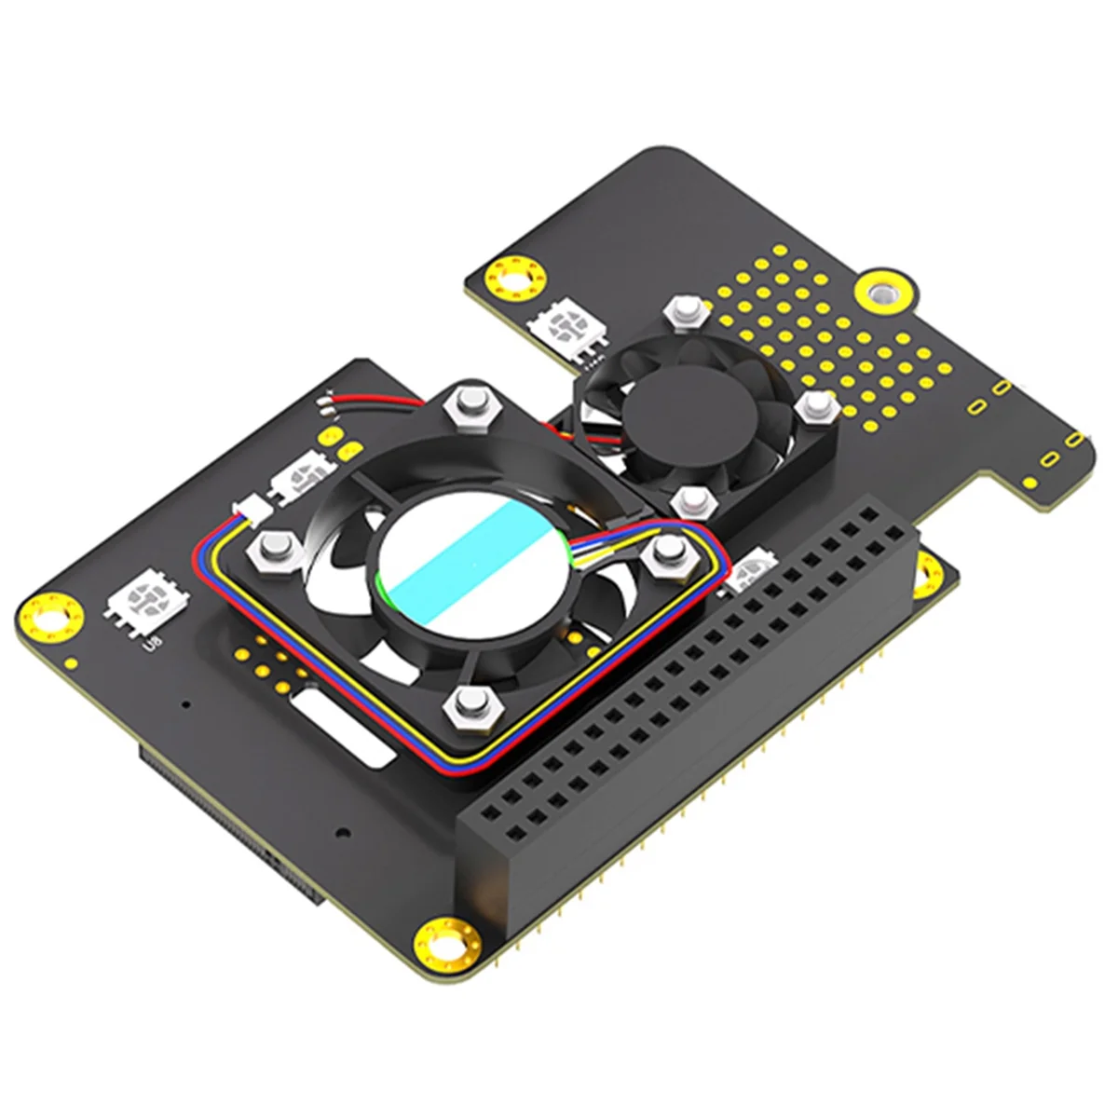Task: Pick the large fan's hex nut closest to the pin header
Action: pyautogui.click(x=665, y=555)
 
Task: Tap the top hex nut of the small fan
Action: pyautogui.click(x=685, y=309)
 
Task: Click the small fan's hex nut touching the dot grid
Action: pyautogui.click(x=816, y=404)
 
